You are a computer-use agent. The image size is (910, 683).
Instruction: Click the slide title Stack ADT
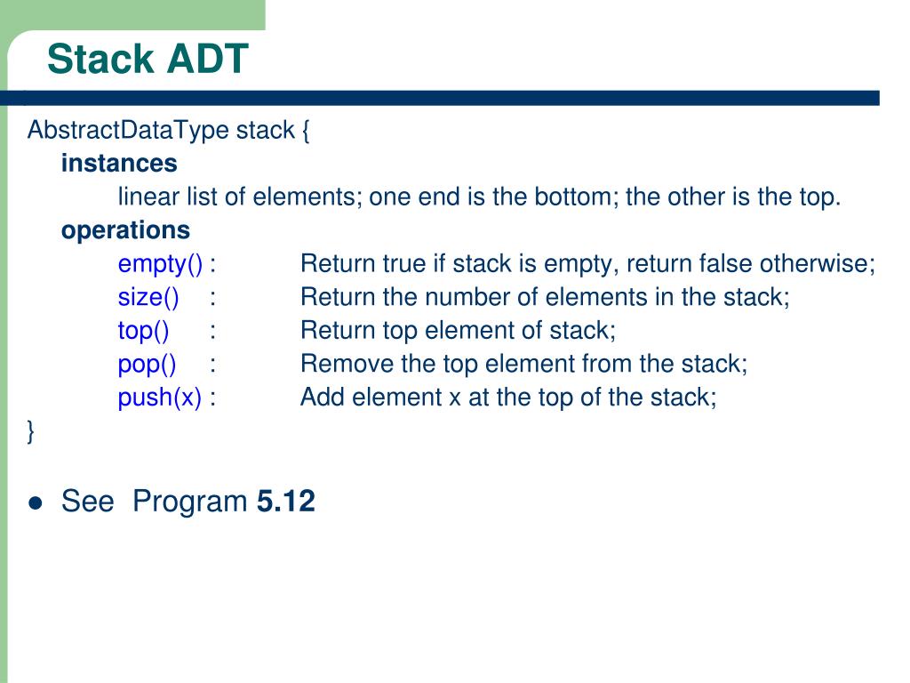point(148,60)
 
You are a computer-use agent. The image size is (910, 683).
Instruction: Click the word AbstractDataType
point(128,131)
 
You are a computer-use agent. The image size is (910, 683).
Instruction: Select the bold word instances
point(119,164)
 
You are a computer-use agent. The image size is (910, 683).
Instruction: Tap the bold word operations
point(125,230)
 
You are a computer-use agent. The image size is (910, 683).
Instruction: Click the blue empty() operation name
point(161,264)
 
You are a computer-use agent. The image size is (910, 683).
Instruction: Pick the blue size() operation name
point(148,297)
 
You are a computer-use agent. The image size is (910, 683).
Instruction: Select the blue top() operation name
point(143,331)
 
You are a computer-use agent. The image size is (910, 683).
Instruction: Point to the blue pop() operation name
point(147,364)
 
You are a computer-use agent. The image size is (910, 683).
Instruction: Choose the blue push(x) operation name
point(160,397)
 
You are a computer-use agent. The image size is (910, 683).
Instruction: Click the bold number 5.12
point(285,502)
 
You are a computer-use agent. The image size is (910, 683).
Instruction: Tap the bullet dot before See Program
point(36,503)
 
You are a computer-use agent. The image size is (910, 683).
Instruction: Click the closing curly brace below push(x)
point(31,431)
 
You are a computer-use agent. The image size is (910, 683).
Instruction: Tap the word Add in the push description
point(323,397)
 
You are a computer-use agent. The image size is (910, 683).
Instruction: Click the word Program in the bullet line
point(190,502)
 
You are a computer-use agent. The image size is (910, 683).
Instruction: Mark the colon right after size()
point(214,298)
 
